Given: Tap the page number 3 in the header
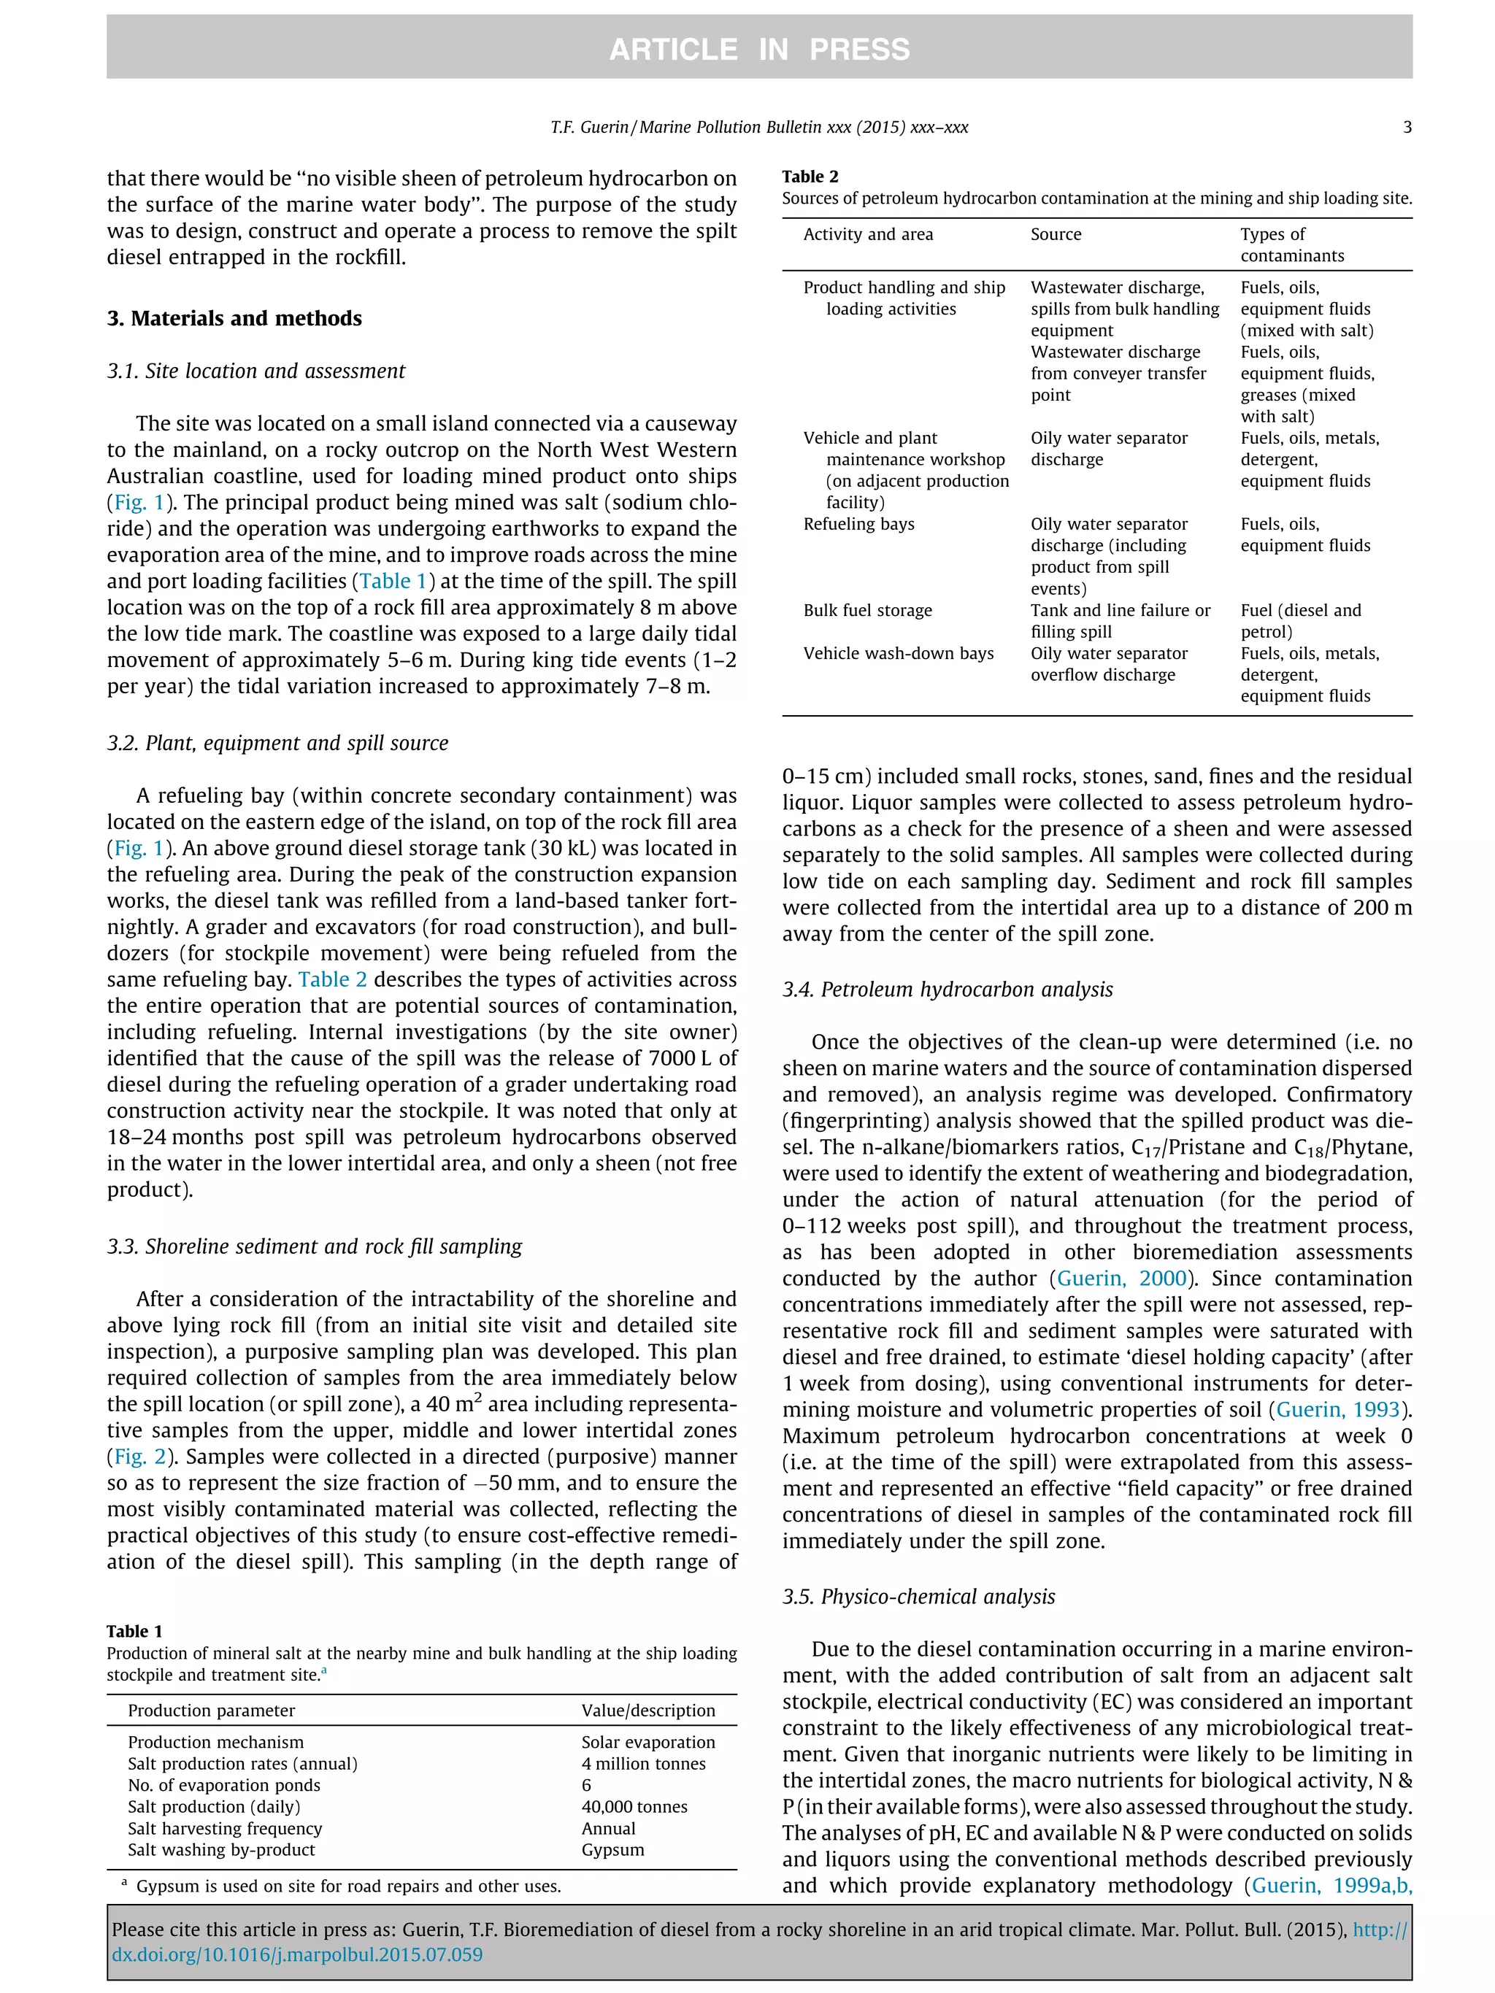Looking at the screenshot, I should click(x=1407, y=127).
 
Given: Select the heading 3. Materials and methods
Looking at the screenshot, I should click(x=234, y=318).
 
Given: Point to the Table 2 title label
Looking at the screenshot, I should click(x=810, y=177).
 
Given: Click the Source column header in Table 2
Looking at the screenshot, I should click(x=1056, y=234).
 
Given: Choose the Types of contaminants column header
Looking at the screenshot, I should click(x=1291, y=244).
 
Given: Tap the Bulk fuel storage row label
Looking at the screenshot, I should click(x=867, y=610).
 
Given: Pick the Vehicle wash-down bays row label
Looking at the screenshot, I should click(x=898, y=653).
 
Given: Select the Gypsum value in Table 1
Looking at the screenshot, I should click(x=612, y=1850).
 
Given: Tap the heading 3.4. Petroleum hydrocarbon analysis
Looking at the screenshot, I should click(x=947, y=990).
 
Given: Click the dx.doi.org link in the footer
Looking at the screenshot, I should click(x=297, y=1955).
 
